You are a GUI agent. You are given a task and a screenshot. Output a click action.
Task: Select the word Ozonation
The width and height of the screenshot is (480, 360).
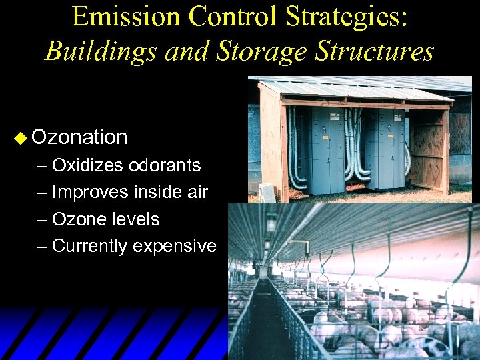79,137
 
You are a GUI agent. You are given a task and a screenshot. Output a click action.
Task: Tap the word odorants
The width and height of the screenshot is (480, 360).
165,165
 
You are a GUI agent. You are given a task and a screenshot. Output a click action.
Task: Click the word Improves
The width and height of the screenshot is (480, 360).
89,192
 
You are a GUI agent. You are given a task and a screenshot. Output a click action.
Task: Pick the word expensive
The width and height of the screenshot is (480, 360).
175,247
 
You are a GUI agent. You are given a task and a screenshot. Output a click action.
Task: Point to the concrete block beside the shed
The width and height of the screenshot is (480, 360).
267,193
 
